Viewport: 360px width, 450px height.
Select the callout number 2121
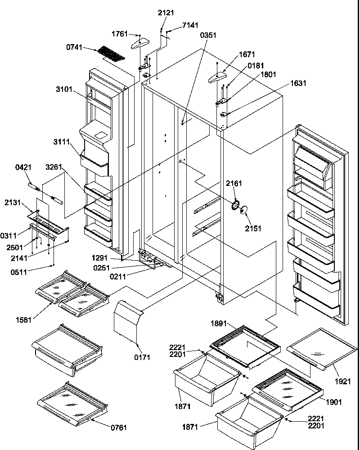click(x=166, y=13)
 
